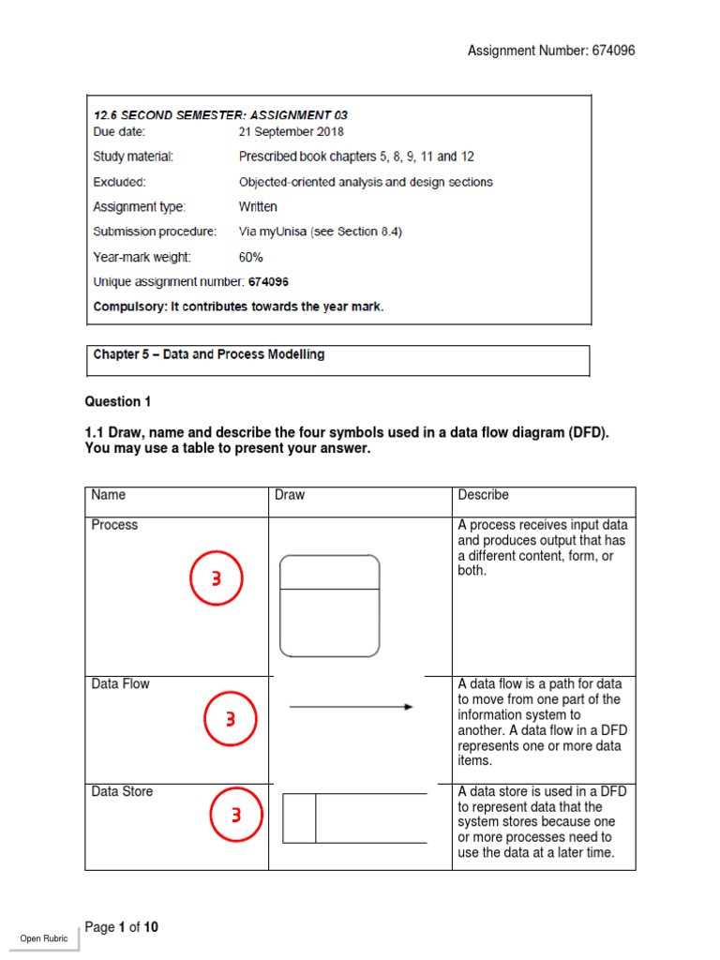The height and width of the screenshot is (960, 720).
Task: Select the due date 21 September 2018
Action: tap(291, 132)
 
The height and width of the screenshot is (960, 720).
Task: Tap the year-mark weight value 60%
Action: tap(251, 257)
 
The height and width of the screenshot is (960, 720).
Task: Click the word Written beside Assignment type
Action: tap(258, 207)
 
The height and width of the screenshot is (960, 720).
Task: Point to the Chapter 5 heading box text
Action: tap(208, 355)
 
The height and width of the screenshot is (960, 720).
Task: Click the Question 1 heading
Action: tap(118, 402)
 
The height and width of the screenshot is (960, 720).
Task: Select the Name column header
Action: tap(108, 495)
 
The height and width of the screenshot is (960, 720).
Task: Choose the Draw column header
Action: tap(290, 495)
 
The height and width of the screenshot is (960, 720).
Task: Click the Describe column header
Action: tap(483, 495)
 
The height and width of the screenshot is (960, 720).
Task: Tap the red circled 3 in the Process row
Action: tap(217, 578)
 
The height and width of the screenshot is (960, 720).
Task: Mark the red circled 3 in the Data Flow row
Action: tap(230, 719)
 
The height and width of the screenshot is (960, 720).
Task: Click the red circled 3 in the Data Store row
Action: tap(236, 817)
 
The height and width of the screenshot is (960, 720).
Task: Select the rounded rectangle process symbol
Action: tap(330, 606)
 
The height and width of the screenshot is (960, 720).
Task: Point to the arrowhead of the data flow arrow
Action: tap(408, 707)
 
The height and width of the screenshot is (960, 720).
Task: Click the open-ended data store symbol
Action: tap(353, 817)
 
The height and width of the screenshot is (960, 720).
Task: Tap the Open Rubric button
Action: tap(44, 938)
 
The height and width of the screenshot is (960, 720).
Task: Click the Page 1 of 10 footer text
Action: tap(122, 927)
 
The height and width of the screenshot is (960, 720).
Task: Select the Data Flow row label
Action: tap(120, 684)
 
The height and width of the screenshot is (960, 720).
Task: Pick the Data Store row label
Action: tap(122, 792)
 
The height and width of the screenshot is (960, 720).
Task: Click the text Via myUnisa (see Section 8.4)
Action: tap(320, 232)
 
